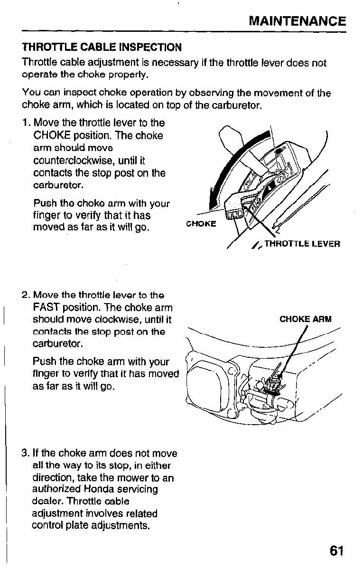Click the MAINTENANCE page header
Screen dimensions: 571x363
[297, 21]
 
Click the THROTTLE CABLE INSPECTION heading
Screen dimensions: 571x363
[102, 48]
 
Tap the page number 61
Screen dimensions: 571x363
[336, 551]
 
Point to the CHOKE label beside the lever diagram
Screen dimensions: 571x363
[201, 224]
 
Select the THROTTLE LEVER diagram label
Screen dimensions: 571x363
[302, 244]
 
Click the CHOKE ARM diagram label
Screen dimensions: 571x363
[306, 319]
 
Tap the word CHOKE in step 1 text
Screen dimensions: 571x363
[51, 135]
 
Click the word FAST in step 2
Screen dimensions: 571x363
[46, 308]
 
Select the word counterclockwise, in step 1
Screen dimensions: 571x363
[74, 161]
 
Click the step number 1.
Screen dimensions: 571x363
[26, 123]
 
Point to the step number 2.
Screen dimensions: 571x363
[26, 295]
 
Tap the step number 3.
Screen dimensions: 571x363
[25, 453]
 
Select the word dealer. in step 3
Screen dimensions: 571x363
[47, 501]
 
